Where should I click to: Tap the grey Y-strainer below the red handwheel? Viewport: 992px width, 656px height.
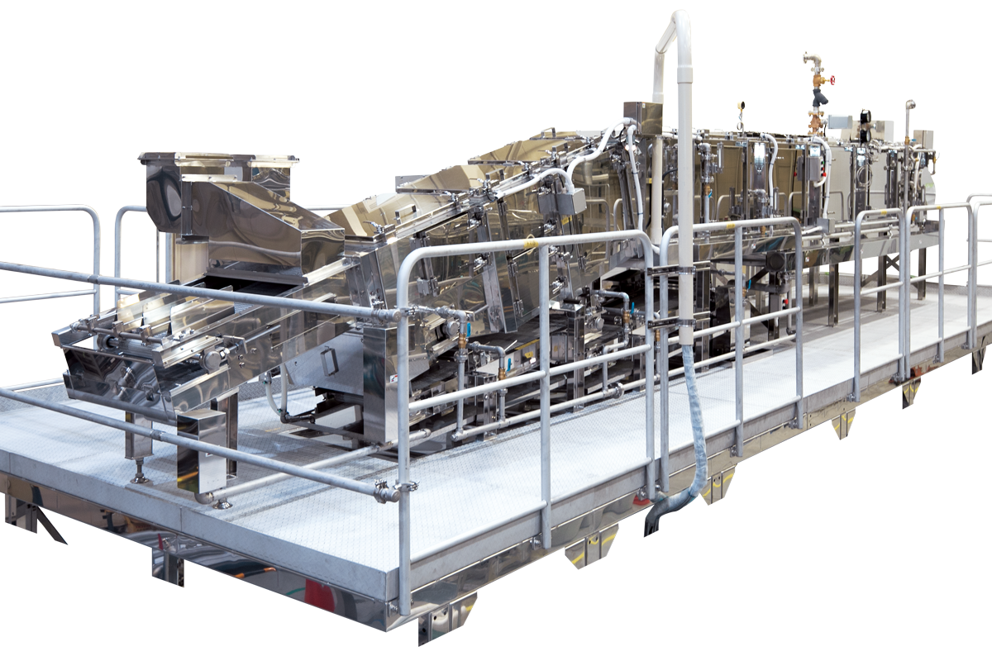818,98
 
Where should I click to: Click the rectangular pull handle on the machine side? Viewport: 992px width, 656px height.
329,361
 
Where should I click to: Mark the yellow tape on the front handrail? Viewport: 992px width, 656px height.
529,244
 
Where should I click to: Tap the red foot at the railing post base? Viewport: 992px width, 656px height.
641,500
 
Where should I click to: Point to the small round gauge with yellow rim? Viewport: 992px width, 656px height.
742,105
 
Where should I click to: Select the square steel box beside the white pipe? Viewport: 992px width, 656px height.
642,118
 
